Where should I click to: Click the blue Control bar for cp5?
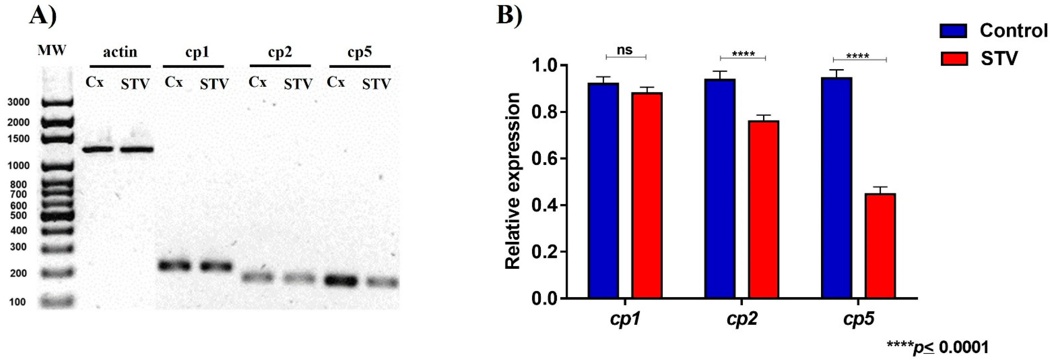click(x=836, y=188)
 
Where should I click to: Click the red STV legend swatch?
click(x=954, y=59)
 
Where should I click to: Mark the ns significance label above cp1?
click(x=625, y=50)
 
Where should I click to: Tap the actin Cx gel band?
click(x=98, y=149)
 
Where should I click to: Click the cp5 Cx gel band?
click(x=341, y=280)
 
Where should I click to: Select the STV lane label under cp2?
click(x=298, y=84)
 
